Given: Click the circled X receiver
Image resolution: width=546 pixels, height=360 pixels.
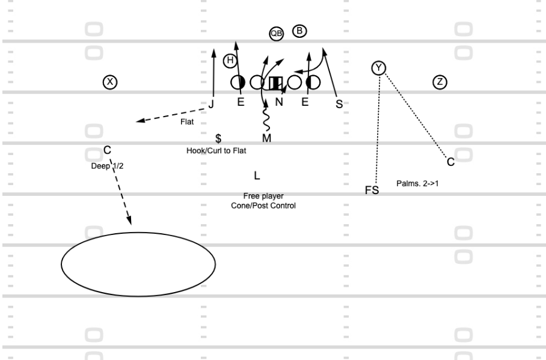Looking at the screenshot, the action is click(110, 82).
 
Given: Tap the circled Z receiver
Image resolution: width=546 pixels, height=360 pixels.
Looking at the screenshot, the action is click(440, 82).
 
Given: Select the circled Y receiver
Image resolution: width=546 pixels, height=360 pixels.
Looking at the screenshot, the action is click(378, 68).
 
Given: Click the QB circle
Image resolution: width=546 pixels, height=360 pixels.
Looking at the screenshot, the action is click(277, 34).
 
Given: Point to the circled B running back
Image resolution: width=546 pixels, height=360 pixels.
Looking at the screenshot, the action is click(299, 31).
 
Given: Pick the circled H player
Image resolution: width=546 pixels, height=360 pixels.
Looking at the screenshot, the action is click(230, 61).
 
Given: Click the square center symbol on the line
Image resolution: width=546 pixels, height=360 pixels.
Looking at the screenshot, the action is click(276, 83).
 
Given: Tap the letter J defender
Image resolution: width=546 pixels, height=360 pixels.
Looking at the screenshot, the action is click(211, 104).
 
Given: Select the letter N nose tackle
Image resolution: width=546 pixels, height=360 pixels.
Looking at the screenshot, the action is click(279, 102).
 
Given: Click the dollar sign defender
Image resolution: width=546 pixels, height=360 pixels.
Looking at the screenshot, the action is click(218, 138).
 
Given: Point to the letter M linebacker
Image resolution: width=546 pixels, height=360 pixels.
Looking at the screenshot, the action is click(267, 138).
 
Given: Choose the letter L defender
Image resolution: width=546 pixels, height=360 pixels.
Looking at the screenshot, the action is click(257, 175).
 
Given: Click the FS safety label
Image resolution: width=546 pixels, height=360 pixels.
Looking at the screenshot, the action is click(372, 190).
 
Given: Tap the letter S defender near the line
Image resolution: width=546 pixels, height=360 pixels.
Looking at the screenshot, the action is click(339, 104).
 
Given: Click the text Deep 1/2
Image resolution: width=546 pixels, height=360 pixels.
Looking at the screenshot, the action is click(107, 166).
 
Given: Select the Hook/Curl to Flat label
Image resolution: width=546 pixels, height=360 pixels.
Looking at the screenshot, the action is click(216, 151).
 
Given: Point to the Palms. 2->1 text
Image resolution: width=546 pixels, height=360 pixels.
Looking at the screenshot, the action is click(417, 183).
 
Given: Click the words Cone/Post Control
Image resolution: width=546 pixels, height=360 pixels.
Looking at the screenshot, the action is click(263, 206).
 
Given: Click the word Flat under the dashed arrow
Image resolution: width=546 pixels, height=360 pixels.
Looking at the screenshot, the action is click(187, 122).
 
